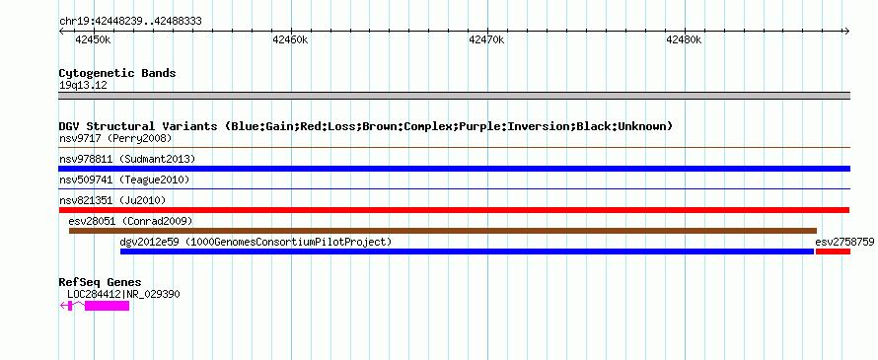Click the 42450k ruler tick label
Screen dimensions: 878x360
click(x=94, y=39)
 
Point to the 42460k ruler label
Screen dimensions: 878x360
click(x=290, y=39)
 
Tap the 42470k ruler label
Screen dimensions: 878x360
click(x=486, y=39)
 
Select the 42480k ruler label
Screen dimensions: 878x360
click(x=684, y=39)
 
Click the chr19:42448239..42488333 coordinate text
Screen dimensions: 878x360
click(x=130, y=22)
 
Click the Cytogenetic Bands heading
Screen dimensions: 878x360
click(x=117, y=73)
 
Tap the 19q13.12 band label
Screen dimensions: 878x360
click(x=83, y=86)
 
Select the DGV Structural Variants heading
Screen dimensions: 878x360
click(x=366, y=126)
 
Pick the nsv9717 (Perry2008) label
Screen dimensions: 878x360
click(x=115, y=138)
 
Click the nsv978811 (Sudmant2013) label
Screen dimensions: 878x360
click(x=127, y=159)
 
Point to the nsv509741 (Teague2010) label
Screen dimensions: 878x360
click(x=124, y=180)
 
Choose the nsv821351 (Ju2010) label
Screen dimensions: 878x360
click(x=112, y=200)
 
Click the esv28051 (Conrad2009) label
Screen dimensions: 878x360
click(x=130, y=221)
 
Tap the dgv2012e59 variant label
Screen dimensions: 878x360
click(x=256, y=242)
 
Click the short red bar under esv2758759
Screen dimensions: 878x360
click(x=833, y=252)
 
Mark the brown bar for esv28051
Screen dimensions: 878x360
click(x=443, y=231)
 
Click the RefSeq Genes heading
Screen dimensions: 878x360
click(x=101, y=283)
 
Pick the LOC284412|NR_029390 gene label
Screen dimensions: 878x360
click(x=123, y=294)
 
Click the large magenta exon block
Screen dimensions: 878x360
click(x=107, y=306)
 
